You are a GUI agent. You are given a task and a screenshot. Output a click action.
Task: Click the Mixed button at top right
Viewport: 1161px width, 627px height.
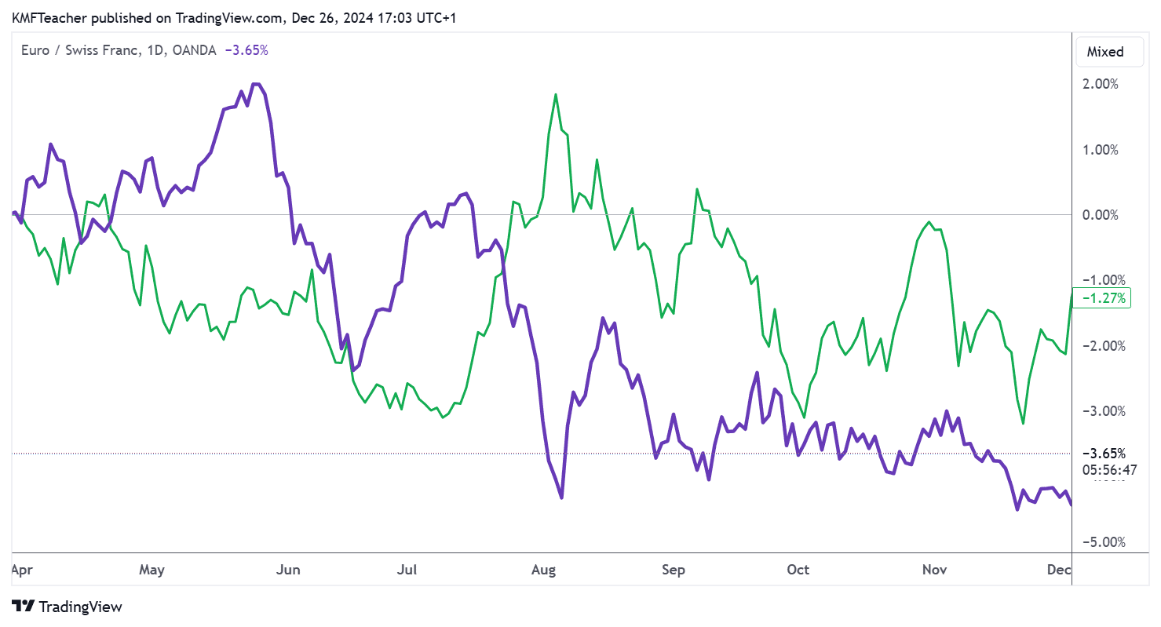click(x=1104, y=52)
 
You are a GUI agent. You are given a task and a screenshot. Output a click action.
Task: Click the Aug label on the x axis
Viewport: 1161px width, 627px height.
click(x=543, y=570)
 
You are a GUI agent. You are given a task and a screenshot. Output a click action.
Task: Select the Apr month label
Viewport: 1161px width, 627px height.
click(x=21, y=570)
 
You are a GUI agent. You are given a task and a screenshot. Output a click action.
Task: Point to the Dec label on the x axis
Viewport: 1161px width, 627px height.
click(x=1058, y=570)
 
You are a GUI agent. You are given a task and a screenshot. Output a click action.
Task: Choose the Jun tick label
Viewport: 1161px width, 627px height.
click(x=289, y=570)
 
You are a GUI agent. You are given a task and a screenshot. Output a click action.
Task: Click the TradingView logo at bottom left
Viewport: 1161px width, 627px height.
click(x=68, y=607)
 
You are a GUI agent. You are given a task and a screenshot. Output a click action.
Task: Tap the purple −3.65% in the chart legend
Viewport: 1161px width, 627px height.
click(x=246, y=50)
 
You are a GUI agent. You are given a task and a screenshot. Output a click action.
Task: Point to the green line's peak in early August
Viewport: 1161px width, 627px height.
click(x=556, y=95)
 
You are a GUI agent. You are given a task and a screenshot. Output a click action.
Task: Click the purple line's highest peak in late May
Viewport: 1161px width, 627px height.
click(x=255, y=84)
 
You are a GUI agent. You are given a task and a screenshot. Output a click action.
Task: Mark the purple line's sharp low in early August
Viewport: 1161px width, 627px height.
click(x=561, y=497)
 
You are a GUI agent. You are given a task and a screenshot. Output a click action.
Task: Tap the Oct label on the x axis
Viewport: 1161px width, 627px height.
click(x=798, y=570)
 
